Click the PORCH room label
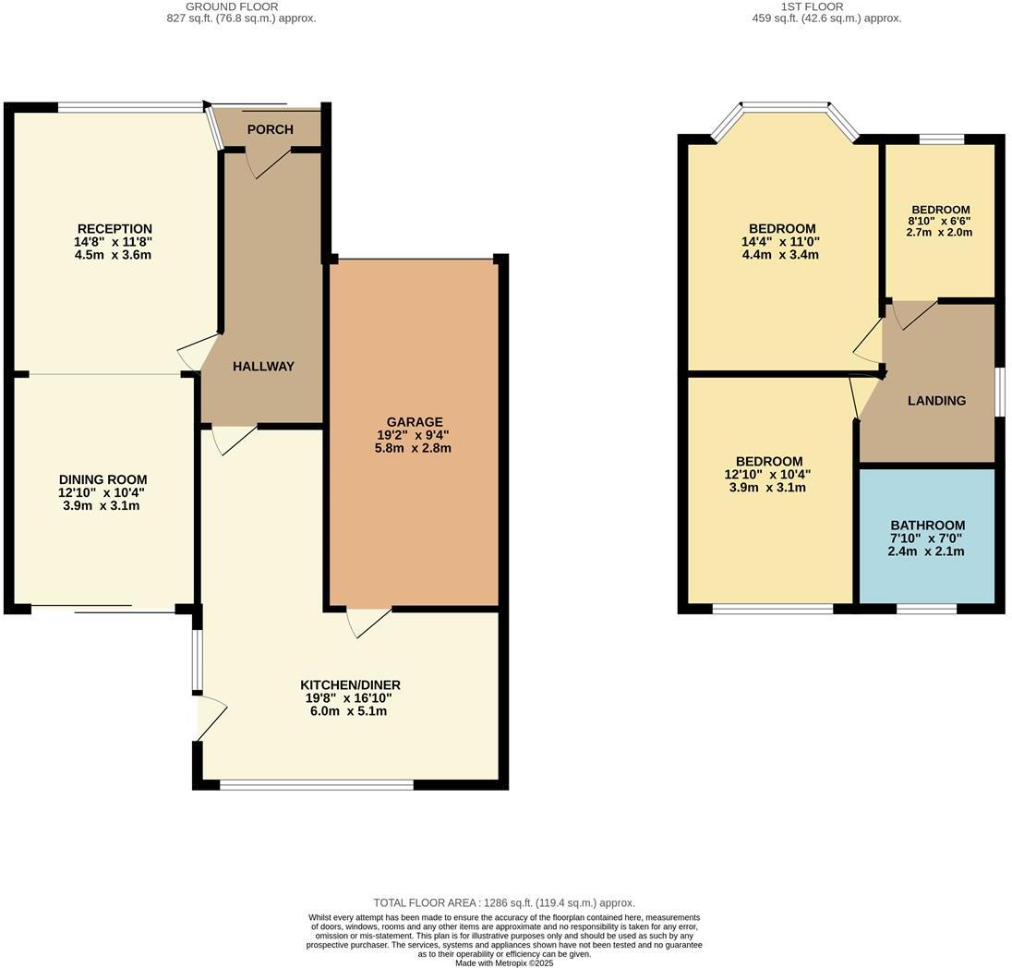click(x=270, y=129)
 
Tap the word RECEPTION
click(x=114, y=229)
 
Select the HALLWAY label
click(x=263, y=367)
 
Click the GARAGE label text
click(x=415, y=422)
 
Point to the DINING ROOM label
click(x=102, y=479)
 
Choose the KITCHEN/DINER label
click(x=350, y=685)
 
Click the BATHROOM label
click(x=927, y=526)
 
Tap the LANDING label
click(x=936, y=401)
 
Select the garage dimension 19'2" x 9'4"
click(x=414, y=435)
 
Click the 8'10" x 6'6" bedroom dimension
click(x=940, y=221)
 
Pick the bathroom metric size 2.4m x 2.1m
click(x=926, y=551)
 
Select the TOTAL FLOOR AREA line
click(x=504, y=902)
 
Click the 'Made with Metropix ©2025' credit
click(x=504, y=962)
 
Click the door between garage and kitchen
click(x=368, y=623)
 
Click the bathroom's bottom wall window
click(x=926, y=609)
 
